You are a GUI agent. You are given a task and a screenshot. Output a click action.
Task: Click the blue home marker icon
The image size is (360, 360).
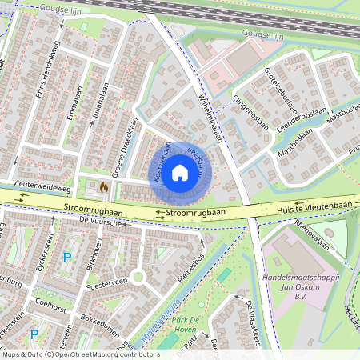(180, 172)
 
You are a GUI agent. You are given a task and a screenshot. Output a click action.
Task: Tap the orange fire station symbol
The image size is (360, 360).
(104, 186)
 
